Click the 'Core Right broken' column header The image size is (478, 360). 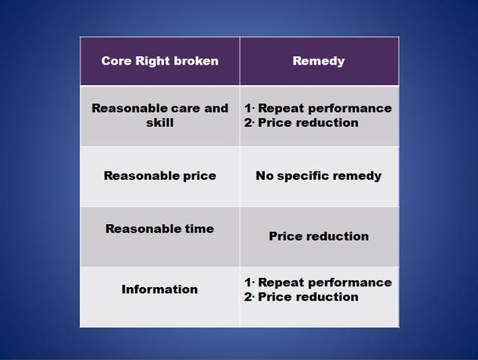tap(160, 61)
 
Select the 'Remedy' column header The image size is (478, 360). tap(319, 61)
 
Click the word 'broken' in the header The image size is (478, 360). tap(197, 61)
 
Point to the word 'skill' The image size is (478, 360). tap(160, 122)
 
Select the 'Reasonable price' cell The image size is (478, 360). tap(160, 175)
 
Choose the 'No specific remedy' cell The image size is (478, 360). tap(319, 175)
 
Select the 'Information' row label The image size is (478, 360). tap(160, 289)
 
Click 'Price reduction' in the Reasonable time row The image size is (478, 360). tap(319, 236)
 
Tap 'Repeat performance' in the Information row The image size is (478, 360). tap(325, 283)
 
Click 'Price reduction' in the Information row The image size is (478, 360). tap(308, 297)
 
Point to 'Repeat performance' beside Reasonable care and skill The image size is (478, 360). tap(325, 109)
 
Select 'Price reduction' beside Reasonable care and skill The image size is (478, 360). tap(308, 122)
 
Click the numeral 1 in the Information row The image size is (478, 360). tap(248, 283)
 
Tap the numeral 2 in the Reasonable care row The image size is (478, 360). tap(248, 122)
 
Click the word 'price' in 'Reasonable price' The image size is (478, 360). tap(200, 176)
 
